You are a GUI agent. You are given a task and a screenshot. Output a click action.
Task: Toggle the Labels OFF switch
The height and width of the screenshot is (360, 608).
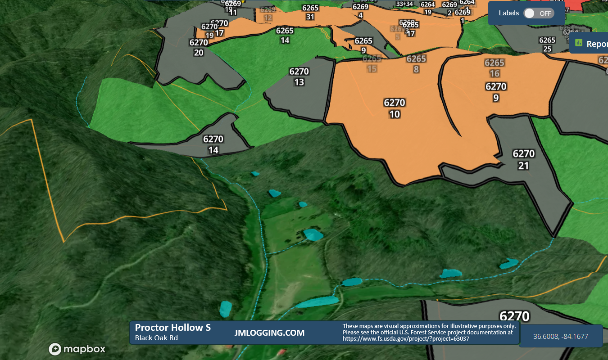[x=539, y=13]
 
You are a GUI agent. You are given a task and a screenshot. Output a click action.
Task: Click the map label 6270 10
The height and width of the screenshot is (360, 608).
[x=395, y=108]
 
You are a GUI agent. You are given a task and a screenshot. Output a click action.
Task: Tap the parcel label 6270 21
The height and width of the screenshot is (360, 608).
[x=523, y=160]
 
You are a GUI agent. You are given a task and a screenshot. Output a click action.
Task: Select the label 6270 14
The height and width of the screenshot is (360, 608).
[x=213, y=144]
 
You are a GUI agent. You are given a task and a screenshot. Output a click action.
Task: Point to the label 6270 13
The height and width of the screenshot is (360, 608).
[x=299, y=76]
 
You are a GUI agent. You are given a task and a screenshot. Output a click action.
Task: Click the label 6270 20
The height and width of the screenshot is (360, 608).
[x=199, y=47]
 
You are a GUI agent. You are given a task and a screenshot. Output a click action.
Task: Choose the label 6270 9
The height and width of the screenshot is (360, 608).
[x=496, y=92]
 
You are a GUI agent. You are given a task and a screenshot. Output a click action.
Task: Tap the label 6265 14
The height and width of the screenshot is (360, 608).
[x=285, y=35]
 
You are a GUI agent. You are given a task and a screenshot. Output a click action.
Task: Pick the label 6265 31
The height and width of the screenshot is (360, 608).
[x=310, y=13]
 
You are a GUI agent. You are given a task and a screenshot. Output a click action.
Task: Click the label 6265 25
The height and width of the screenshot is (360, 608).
[x=547, y=45]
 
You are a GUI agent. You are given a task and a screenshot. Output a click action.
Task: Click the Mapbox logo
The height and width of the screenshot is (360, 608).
[x=77, y=349]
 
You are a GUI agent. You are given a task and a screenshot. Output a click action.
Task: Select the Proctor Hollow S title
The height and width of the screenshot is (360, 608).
[x=172, y=328]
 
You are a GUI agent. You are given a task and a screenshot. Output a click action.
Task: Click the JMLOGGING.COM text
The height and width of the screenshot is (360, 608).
[x=269, y=333]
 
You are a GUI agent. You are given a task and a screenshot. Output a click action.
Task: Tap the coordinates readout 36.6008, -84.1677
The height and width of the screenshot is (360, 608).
[x=561, y=336]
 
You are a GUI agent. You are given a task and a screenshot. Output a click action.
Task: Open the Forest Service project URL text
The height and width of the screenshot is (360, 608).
[x=406, y=339]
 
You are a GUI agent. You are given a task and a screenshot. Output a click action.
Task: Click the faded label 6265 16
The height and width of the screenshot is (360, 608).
[x=495, y=68]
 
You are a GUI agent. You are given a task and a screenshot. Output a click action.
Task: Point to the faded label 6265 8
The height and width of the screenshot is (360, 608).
[x=416, y=64]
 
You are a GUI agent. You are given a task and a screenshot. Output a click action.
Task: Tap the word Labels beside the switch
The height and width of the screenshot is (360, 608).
[x=508, y=13]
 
